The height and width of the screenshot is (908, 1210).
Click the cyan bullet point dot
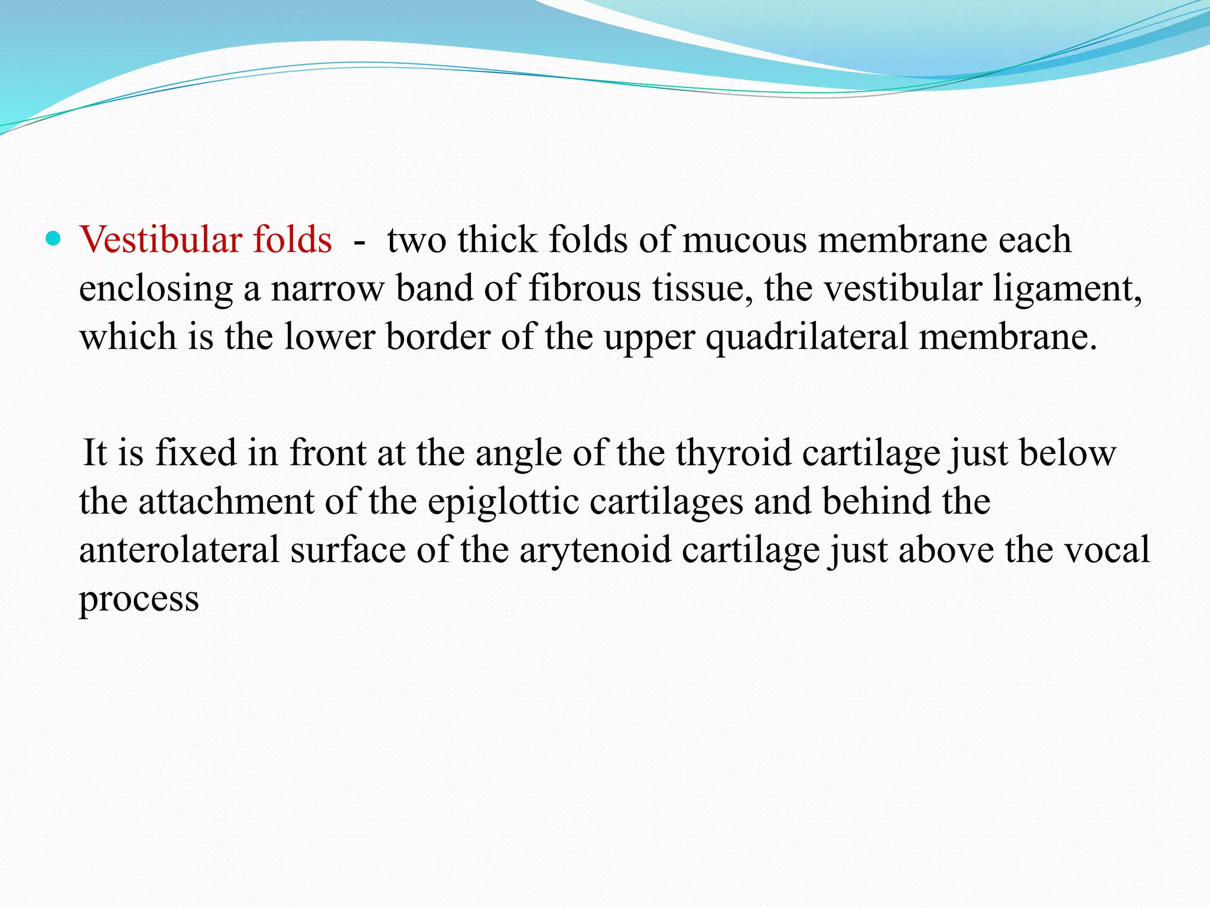tap(53, 239)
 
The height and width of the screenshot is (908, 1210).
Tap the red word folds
tap(292, 240)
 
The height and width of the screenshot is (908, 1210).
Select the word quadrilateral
tap(807, 338)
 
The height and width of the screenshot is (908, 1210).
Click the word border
tap(438, 337)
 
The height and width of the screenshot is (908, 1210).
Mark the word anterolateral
tap(179, 550)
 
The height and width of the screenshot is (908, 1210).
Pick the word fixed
tap(196, 453)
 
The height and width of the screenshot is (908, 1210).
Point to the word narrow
tap(327, 290)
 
